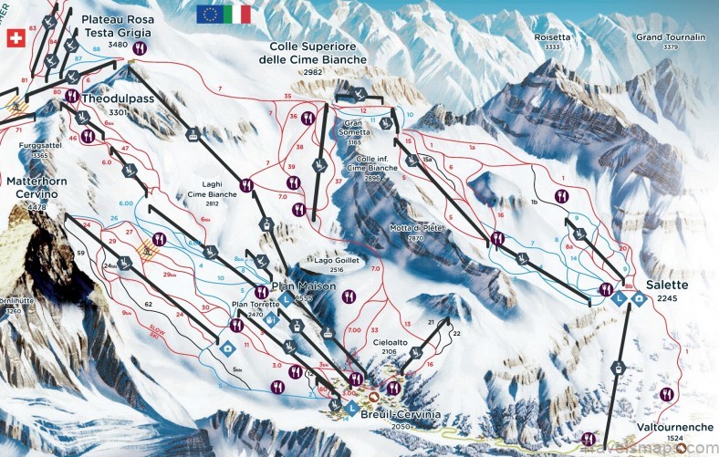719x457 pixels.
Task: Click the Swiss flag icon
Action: pos(16,37)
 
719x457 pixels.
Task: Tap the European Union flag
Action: pos(210,14)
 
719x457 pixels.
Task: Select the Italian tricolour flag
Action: pos(238,14)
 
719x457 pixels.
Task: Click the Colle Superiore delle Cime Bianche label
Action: pos(318,52)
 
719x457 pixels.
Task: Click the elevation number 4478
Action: pos(36,207)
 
